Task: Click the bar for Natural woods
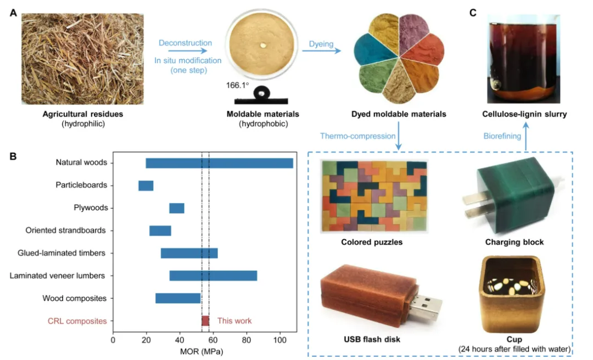click(x=220, y=163)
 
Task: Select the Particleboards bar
click(x=146, y=185)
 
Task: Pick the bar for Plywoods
click(x=176, y=208)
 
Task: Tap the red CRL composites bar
click(x=205, y=321)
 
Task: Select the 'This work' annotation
click(x=234, y=321)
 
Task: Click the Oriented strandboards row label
click(x=65, y=230)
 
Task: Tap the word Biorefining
click(x=502, y=136)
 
